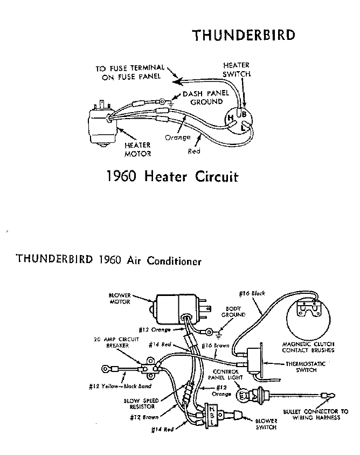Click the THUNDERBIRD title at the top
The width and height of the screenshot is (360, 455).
pyautogui.click(x=244, y=36)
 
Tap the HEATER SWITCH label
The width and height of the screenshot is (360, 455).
pyautogui.click(x=237, y=70)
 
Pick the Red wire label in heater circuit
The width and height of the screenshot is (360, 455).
pyautogui.click(x=193, y=151)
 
